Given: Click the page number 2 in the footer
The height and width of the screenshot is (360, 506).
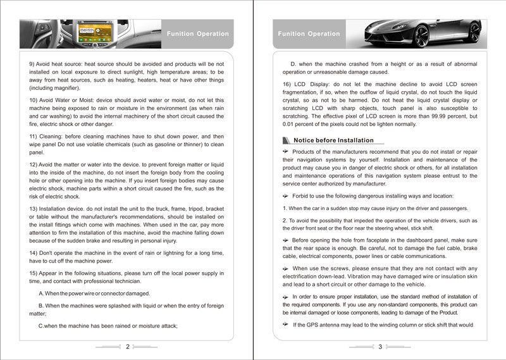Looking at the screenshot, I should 128,347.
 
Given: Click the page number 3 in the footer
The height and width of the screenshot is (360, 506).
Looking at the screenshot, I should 380,347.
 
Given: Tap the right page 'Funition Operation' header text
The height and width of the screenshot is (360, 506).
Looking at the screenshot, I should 309,34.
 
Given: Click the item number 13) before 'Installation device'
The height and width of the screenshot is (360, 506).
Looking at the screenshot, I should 35,209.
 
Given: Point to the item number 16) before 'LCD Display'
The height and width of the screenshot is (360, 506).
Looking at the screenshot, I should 288,84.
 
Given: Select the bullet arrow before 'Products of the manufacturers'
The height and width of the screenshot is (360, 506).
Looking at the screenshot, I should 285,152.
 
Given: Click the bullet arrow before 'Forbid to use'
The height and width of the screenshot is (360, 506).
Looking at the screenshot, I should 285,196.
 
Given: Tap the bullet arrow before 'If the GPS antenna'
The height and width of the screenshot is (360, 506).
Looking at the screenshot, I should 285,325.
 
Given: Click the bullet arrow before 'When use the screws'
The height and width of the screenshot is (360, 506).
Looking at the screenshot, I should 285,268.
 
